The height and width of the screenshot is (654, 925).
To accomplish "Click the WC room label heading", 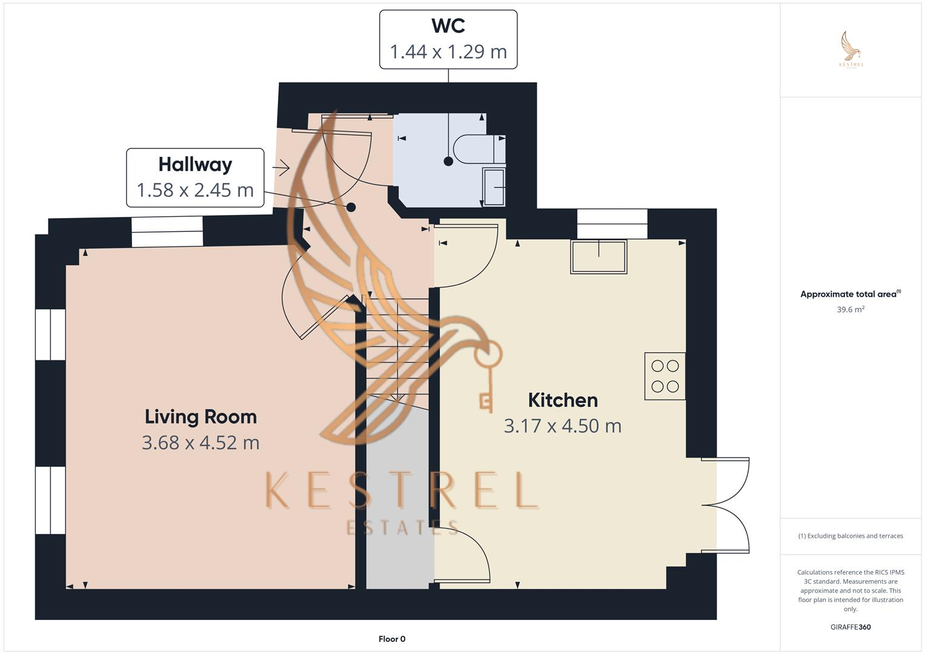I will pos(448,26).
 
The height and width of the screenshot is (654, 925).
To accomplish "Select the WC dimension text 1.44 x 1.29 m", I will pos(448,52).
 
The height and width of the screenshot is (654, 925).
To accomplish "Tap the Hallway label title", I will pos(195,165).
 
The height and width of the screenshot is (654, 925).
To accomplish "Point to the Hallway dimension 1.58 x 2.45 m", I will pos(195,190).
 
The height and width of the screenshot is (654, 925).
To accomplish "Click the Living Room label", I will pos(201,417).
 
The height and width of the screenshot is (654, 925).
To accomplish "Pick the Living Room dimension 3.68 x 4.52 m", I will pos(201,443).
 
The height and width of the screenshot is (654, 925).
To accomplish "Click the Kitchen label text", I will pos(563,400).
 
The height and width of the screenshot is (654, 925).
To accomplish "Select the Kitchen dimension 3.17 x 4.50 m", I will pos(563,426).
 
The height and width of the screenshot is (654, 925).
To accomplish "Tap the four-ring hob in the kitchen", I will pos(665,376).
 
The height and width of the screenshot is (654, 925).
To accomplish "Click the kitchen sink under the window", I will pos(598,257).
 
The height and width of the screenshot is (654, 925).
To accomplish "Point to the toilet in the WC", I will pos(479,150).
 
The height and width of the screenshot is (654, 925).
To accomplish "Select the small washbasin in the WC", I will pos(494,187).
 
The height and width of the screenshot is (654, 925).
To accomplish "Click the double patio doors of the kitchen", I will pos(726,504).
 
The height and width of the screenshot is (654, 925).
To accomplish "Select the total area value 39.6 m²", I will pos(850,309).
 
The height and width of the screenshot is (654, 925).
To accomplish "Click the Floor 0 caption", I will pos(392,639).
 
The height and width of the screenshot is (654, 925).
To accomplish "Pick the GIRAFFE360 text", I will pos(850,627).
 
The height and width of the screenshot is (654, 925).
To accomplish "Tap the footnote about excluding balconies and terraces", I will pos(850,536).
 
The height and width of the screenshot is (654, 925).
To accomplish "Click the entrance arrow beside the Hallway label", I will pos(281,167).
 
